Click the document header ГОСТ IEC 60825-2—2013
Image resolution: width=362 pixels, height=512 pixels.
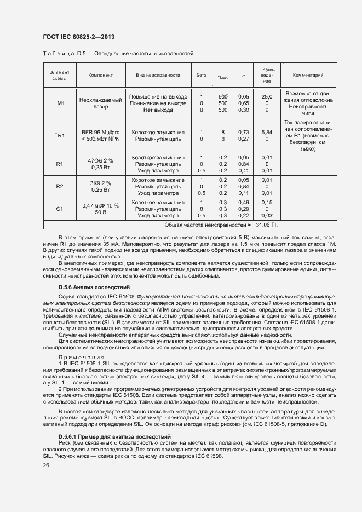coord(78,37)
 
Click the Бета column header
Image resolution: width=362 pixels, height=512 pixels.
coord(201,75)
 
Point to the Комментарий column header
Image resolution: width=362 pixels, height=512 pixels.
coord(308,75)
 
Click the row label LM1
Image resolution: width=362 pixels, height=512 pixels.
coord(59,103)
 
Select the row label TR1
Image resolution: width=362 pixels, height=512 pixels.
coord(59,135)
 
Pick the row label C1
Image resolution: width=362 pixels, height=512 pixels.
coord(59,209)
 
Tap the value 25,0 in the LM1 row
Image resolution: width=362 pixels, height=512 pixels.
coord(267,96)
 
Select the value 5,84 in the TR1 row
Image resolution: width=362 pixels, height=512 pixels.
coord(267,132)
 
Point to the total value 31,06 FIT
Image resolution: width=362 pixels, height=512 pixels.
coord(268,225)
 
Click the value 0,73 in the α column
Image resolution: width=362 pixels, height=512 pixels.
coord(244,132)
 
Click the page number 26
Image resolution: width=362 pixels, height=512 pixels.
coord(46,465)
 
